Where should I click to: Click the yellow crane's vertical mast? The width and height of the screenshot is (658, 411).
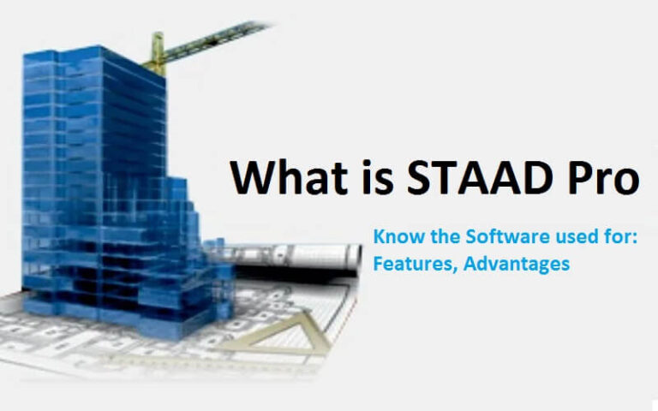point(157,54)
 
